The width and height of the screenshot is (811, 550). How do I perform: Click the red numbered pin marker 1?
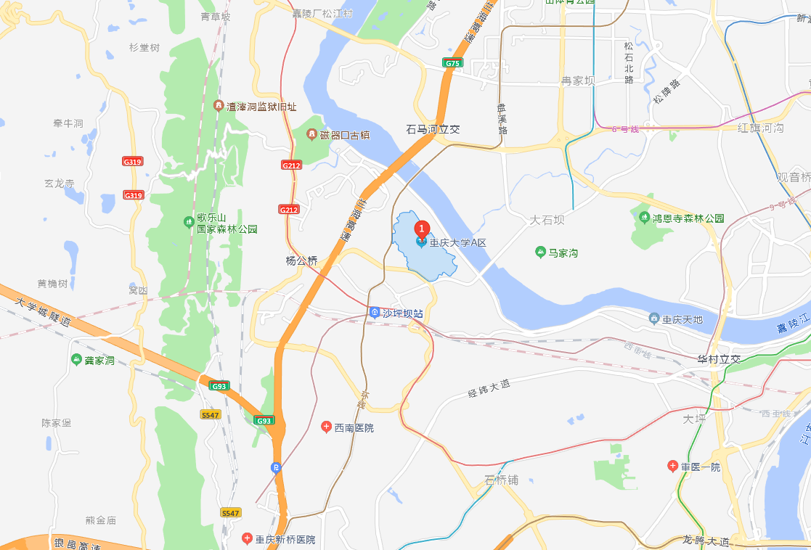[421, 227]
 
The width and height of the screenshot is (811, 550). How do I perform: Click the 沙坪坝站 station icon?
[374, 313]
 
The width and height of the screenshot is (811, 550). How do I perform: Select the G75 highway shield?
[452, 63]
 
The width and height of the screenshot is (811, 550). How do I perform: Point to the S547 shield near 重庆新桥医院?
[230, 513]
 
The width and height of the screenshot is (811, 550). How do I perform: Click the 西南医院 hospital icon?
[326, 427]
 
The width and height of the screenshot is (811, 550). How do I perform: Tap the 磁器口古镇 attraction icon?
[311, 135]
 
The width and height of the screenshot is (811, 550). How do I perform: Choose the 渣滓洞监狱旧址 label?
[262, 107]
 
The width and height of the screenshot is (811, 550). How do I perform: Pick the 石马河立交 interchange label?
[433, 129]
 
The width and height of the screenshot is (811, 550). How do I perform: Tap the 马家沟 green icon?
[540, 253]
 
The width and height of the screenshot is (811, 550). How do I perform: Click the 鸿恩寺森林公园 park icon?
[643, 217]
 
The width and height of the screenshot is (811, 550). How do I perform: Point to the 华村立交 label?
[718, 359]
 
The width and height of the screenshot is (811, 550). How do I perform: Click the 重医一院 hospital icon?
[673, 466]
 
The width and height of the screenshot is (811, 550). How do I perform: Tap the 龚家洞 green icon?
[77, 360]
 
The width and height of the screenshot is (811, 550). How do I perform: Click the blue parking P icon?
[276, 467]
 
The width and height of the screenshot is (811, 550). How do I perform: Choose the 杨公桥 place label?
[301, 260]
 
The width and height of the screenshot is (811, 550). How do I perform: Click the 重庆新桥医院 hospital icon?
[246, 538]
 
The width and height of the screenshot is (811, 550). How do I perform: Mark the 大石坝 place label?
[547, 219]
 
